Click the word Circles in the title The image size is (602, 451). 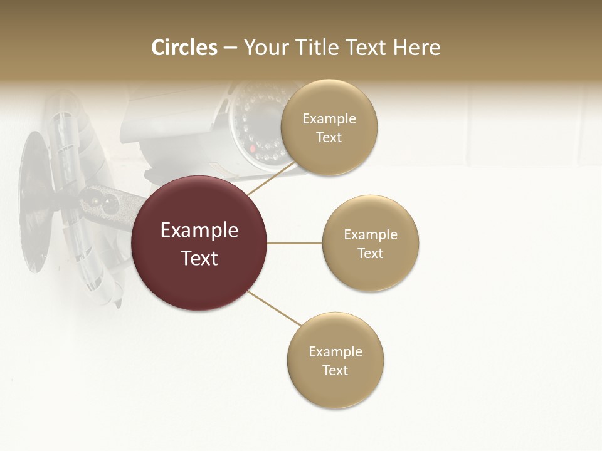pyautogui.click(x=184, y=48)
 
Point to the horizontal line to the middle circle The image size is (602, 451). pyautogui.click(x=294, y=243)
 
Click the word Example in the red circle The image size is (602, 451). pyautogui.click(x=199, y=231)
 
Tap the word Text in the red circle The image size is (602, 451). pyautogui.click(x=199, y=258)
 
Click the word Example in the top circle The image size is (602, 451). pyautogui.click(x=329, y=119)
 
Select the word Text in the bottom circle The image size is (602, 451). pyautogui.click(x=335, y=371)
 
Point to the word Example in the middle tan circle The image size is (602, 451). pyautogui.click(x=371, y=235)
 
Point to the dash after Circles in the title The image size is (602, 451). pyautogui.click(x=230, y=48)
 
